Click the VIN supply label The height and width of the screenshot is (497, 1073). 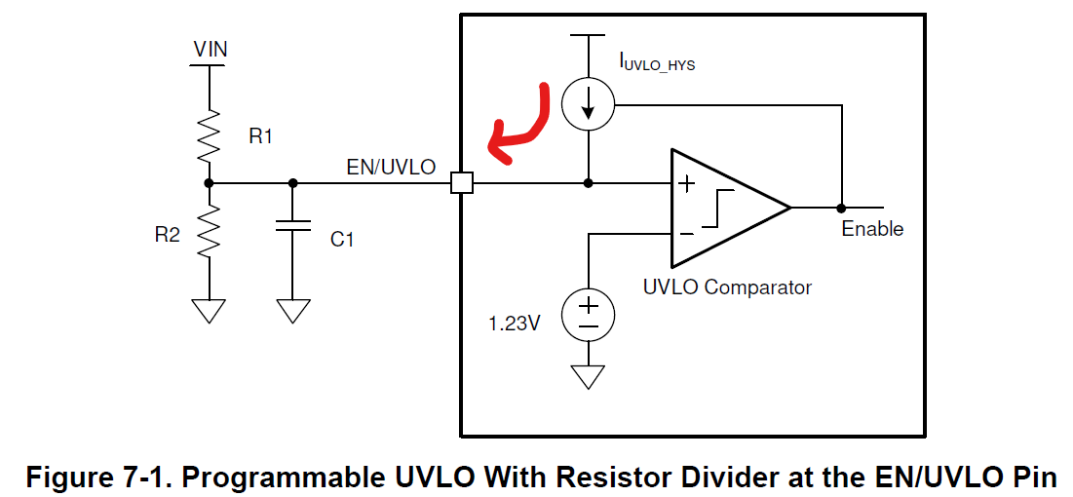pos(211,49)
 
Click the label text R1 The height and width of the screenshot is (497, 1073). pos(260,137)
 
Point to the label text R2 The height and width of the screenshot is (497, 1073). pos(168,234)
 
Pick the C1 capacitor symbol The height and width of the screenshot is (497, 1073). pos(291,225)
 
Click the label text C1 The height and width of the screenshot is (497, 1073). pos(342,239)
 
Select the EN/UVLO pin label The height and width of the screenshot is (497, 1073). pos(391,167)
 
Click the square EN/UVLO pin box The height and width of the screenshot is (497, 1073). pos(462,182)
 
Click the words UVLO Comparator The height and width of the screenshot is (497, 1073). pos(727,287)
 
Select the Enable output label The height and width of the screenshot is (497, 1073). pos(872,229)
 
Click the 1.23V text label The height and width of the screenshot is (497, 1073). pos(515,323)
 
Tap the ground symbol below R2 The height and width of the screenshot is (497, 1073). pos(210,310)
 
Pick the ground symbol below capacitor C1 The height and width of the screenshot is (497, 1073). pos(291,310)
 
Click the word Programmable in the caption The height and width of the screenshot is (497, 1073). pos(284,478)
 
